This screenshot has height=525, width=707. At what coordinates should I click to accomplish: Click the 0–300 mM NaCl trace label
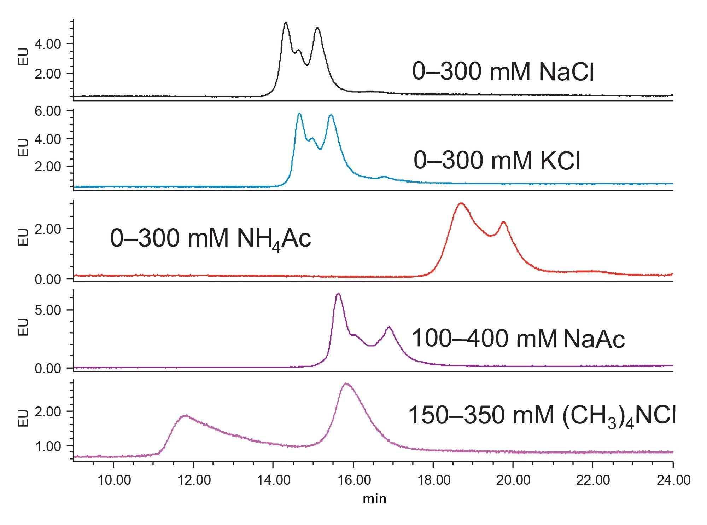pyautogui.click(x=503, y=72)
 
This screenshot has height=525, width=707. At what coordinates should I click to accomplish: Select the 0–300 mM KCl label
pyautogui.click(x=497, y=161)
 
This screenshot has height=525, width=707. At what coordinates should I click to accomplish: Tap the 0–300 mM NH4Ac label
pyautogui.click(x=211, y=238)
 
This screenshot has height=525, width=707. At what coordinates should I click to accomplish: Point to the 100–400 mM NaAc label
pyautogui.click(x=518, y=339)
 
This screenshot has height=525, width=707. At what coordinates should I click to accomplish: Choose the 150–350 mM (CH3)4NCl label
pyautogui.click(x=542, y=415)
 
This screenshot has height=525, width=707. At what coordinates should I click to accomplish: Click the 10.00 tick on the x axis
pyautogui.click(x=113, y=480)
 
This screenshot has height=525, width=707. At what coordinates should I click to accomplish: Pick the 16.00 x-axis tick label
pyautogui.click(x=353, y=480)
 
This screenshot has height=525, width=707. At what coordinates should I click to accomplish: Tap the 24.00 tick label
pyautogui.click(x=673, y=480)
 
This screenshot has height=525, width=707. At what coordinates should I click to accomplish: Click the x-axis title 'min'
pyautogui.click(x=374, y=499)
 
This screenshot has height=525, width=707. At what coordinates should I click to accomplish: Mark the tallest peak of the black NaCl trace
pyautogui.click(x=286, y=23)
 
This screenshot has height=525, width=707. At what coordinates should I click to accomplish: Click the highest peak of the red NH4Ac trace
pyautogui.click(x=461, y=203)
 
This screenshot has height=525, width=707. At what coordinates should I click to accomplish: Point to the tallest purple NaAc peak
pyautogui.click(x=338, y=294)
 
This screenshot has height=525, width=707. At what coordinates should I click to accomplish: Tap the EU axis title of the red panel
pyautogui.click(x=23, y=237)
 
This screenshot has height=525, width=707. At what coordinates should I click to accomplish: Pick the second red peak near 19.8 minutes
pyautogui.click(x=503, y=222)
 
